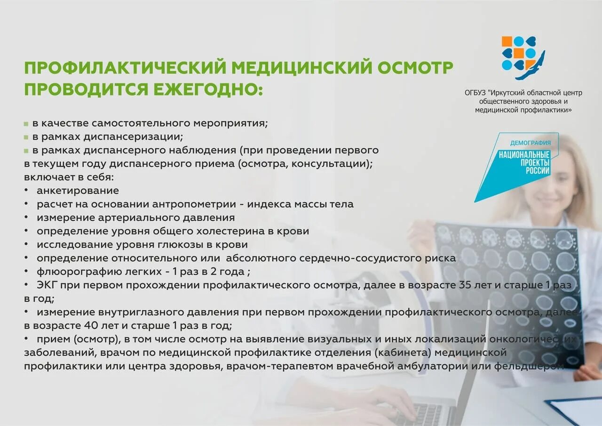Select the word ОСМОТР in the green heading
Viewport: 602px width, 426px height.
tap(415, 68)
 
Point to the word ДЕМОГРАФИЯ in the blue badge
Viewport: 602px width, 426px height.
tap(531, 143)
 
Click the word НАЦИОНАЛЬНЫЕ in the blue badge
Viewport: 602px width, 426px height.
tap(524, 154)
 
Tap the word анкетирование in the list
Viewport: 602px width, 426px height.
tap(78, 191)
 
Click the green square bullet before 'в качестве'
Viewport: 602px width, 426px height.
tap(26, 124)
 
